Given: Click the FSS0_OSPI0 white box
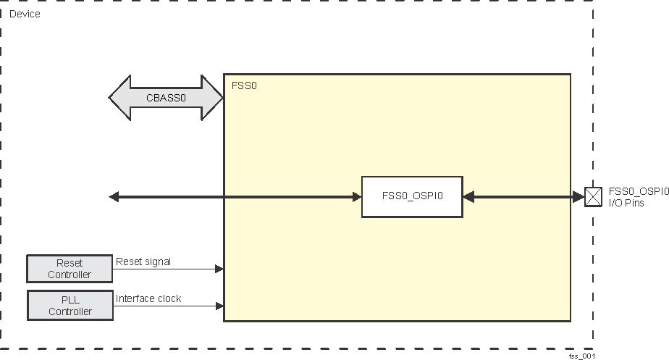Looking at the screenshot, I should pos(412,196).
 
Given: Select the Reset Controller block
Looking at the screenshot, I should pos(70,269).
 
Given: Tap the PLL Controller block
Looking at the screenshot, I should pos(70,305).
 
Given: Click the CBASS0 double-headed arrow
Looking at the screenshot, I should pos(166,97).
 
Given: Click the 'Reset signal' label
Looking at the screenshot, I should pos(143,261).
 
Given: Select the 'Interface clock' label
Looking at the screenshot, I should pos(148,298).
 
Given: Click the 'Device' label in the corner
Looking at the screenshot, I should pos(25,14).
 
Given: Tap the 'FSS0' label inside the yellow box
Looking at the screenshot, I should pos(244,85).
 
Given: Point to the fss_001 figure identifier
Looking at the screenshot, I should pos(581,356).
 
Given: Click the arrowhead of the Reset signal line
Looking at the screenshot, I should pos(219,269).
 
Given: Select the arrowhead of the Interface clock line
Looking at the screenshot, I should pos(219,306).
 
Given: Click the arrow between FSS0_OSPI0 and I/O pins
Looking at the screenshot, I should pos(523,196).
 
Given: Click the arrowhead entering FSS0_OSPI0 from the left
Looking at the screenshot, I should pos(356,196).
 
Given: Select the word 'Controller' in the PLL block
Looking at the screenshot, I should pos(70,311).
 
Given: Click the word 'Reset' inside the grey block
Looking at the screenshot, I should pos(70,263).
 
